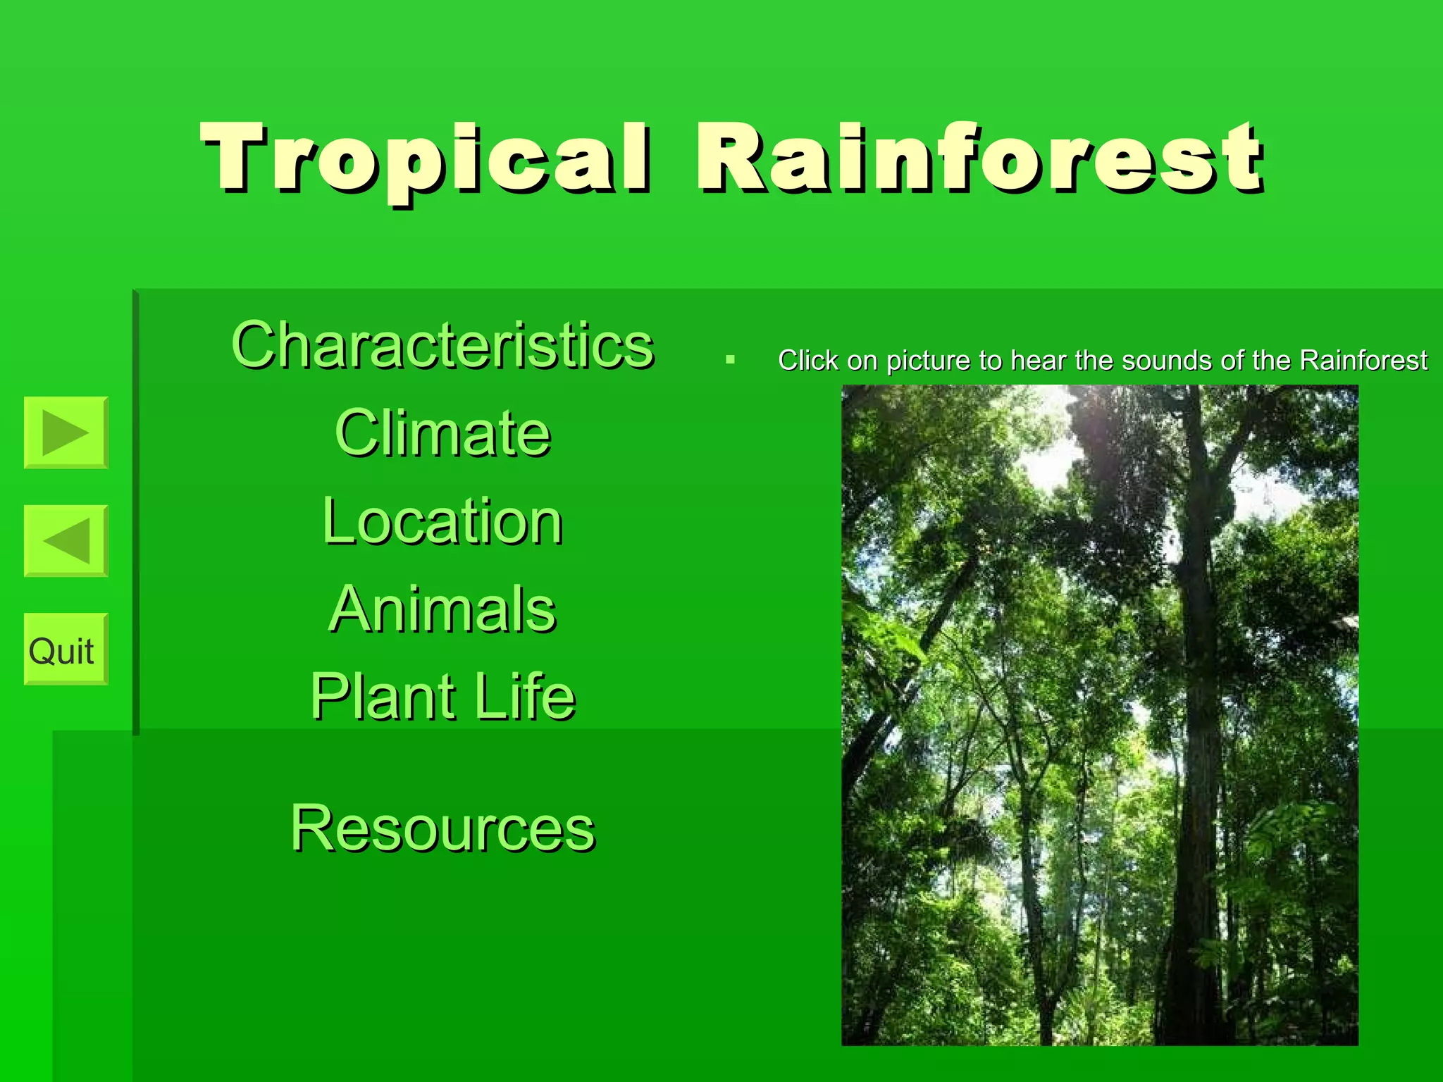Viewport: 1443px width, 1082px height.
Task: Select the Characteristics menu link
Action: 442,345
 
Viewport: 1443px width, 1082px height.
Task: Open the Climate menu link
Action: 442,433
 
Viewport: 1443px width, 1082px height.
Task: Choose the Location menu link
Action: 442,521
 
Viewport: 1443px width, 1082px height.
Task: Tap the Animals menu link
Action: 442,609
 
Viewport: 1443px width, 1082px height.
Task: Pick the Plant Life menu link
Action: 442,697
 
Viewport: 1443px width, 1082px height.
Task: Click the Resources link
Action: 442,828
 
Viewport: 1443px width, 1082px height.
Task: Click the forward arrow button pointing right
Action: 66,432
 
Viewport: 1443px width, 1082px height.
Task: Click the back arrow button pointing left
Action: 66,540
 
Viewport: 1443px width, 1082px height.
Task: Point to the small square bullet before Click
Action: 730,360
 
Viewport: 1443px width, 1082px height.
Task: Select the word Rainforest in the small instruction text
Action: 1363,361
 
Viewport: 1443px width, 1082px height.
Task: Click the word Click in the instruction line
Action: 808,361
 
